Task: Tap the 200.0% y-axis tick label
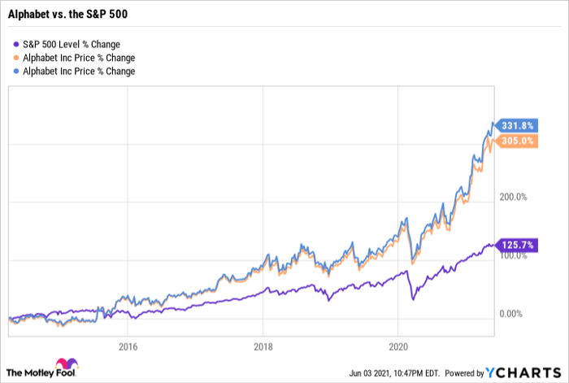point(512,197)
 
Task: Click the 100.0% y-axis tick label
point(512,255)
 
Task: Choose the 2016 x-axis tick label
point(127,345)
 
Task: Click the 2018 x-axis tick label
point(262,345)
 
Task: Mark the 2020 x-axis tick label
point(397,345)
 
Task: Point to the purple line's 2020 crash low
point(413,299)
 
